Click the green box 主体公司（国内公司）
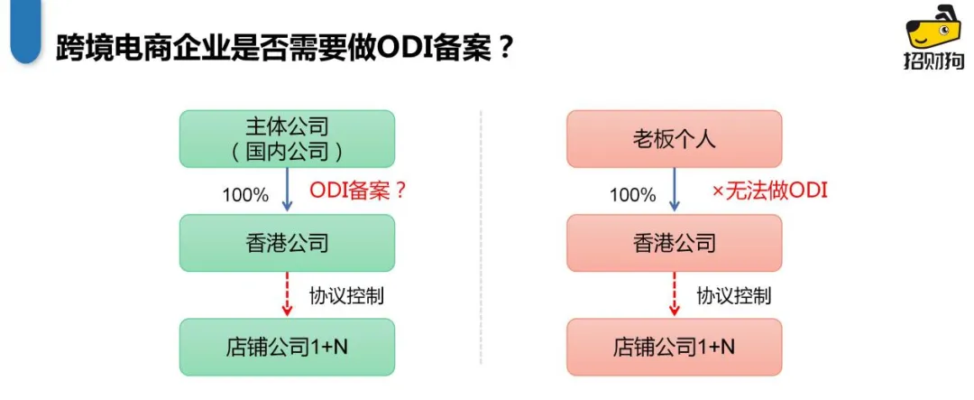pyautogui.click(x=287, y=138)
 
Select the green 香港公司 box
pyautogui.click(x=287, y=243)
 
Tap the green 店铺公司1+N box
pyautogui.click(x=287, y=347)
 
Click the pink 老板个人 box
pyautogui.click(x=674, y=138)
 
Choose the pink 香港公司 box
pyautogui.click(x=674, y=243)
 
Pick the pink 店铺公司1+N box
pyautogui.click(x=674, y=347)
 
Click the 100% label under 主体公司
pyautogui.click(x=245, y=194)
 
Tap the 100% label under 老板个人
pyautogui.click(x=632, y=194)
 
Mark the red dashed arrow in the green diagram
pyautogui.click(x=287, y=294)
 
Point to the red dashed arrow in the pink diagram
pyautogui.click(x=674, y=294)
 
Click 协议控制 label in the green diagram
pyautogui.click(x=347, y=295)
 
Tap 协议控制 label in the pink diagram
pyautogui.click(x=734, y=295)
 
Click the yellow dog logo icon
pyautogui.click(x=933, y=30)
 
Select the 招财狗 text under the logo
pyautogui.click(x=933, y=61)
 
